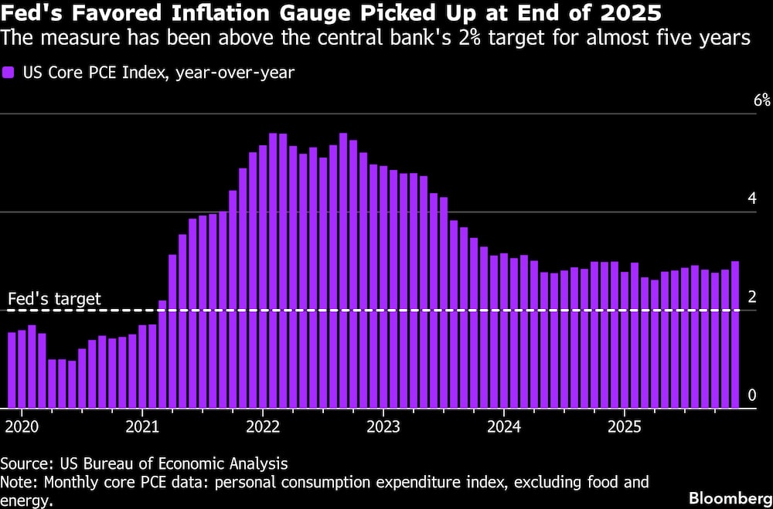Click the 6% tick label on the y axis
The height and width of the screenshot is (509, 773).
[x=741, y=101]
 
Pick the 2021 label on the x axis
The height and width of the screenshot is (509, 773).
[x=142, y=426]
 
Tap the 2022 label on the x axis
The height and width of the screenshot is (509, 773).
[x=263, y=426]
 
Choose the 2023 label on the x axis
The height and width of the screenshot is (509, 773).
[x=383, y=426]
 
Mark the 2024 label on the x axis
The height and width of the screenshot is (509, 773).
[x=504, y=426]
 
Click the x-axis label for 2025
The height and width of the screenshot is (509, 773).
[x=625, y=426]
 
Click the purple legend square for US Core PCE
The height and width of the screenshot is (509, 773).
[x=9, y=73]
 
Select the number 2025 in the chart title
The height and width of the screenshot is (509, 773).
[x=636, y=14]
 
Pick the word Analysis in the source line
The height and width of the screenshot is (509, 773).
[x=260, y=464]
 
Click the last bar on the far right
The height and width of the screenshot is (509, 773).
[x=734, y=334]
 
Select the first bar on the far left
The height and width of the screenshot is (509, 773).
[x=12, y=370]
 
